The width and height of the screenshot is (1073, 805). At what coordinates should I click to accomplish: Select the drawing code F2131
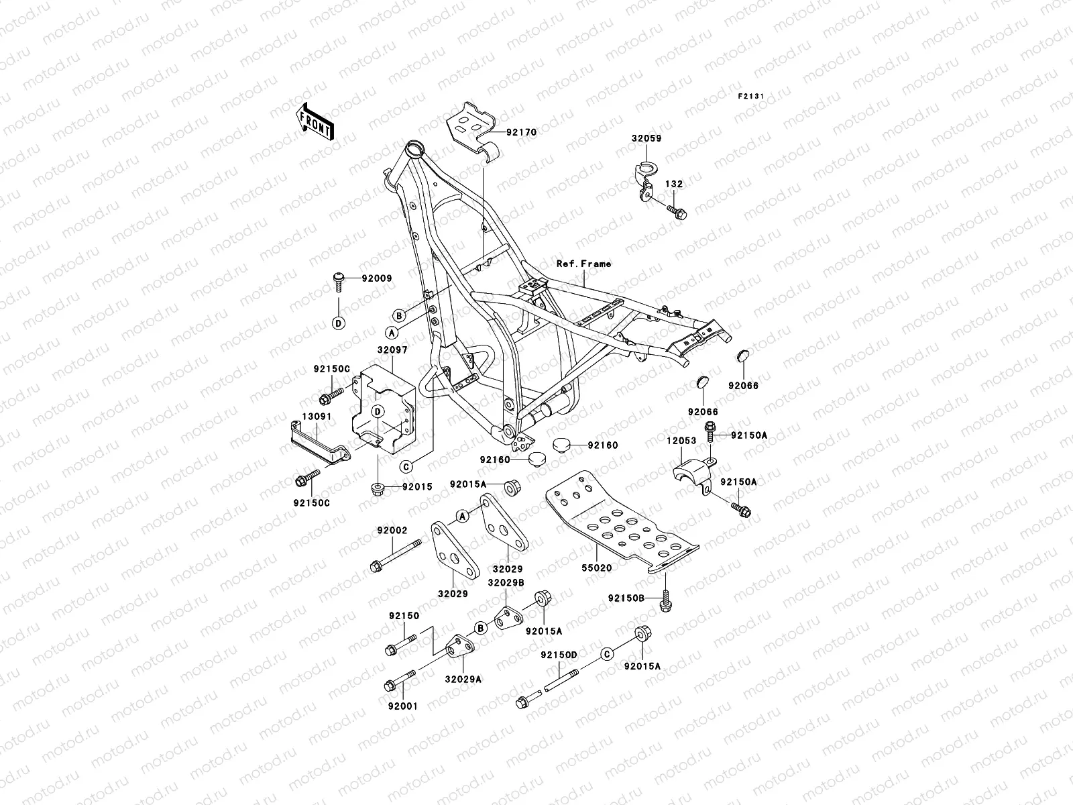[751, 97]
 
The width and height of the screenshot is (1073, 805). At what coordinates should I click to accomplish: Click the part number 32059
[646, 139]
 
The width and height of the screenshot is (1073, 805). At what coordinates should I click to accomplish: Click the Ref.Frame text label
[583, 264]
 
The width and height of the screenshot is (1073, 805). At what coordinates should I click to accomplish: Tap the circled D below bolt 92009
[339, 323]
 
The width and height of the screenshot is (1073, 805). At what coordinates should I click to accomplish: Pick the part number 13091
[316, 417]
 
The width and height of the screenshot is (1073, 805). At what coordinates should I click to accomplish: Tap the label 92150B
[626, 598]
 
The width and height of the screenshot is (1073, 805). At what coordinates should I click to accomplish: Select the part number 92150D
[559, 653]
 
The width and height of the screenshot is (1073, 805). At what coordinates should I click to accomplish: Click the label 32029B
[506, 583]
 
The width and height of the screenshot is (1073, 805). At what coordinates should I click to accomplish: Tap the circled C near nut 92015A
[607, 654]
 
